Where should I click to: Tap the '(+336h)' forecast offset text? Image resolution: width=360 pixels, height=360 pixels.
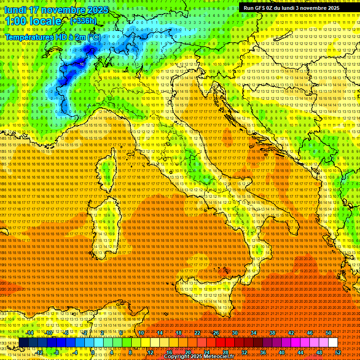83,21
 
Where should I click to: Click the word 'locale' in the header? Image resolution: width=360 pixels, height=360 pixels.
45,21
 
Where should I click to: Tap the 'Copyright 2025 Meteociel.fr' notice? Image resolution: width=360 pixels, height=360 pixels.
198,357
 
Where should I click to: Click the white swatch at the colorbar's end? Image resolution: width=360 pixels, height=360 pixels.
333,343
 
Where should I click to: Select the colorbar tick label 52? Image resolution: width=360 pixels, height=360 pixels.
338,352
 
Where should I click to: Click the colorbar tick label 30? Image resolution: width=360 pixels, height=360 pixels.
234,333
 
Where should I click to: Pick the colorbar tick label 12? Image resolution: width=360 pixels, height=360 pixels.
150,352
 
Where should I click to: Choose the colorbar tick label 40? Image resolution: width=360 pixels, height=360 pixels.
282,352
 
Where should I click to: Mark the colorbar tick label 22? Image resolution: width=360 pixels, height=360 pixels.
197,333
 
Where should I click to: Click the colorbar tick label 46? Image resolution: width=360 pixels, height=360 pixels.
310,333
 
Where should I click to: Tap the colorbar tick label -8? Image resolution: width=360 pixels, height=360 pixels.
56,352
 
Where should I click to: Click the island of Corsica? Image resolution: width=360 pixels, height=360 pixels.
107,171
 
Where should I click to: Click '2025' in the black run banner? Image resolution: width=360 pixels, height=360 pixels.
331,8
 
